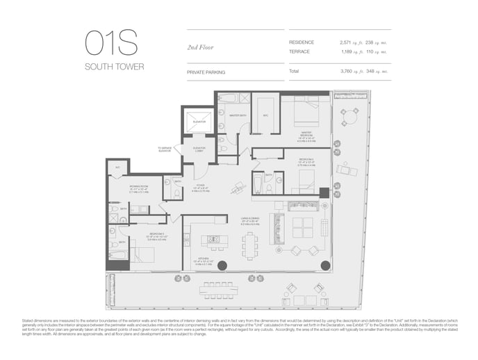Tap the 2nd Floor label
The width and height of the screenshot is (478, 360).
pyautogui.click(x=199, y=47)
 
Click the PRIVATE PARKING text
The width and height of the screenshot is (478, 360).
pyautogui.click(x=206, y=72)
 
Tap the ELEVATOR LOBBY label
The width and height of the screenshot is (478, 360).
pyautogui.click(x=198, y=150)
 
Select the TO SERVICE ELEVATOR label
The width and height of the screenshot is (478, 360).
pyautogui.click(x=165, y=149)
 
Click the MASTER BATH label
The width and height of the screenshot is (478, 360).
pyautogui.click(x=238, y=115)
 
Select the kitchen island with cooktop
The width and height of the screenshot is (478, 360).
pyautogui.click(x=214, y=240)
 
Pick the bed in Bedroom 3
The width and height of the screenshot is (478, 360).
pyautogui.click(x=143, y=253)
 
